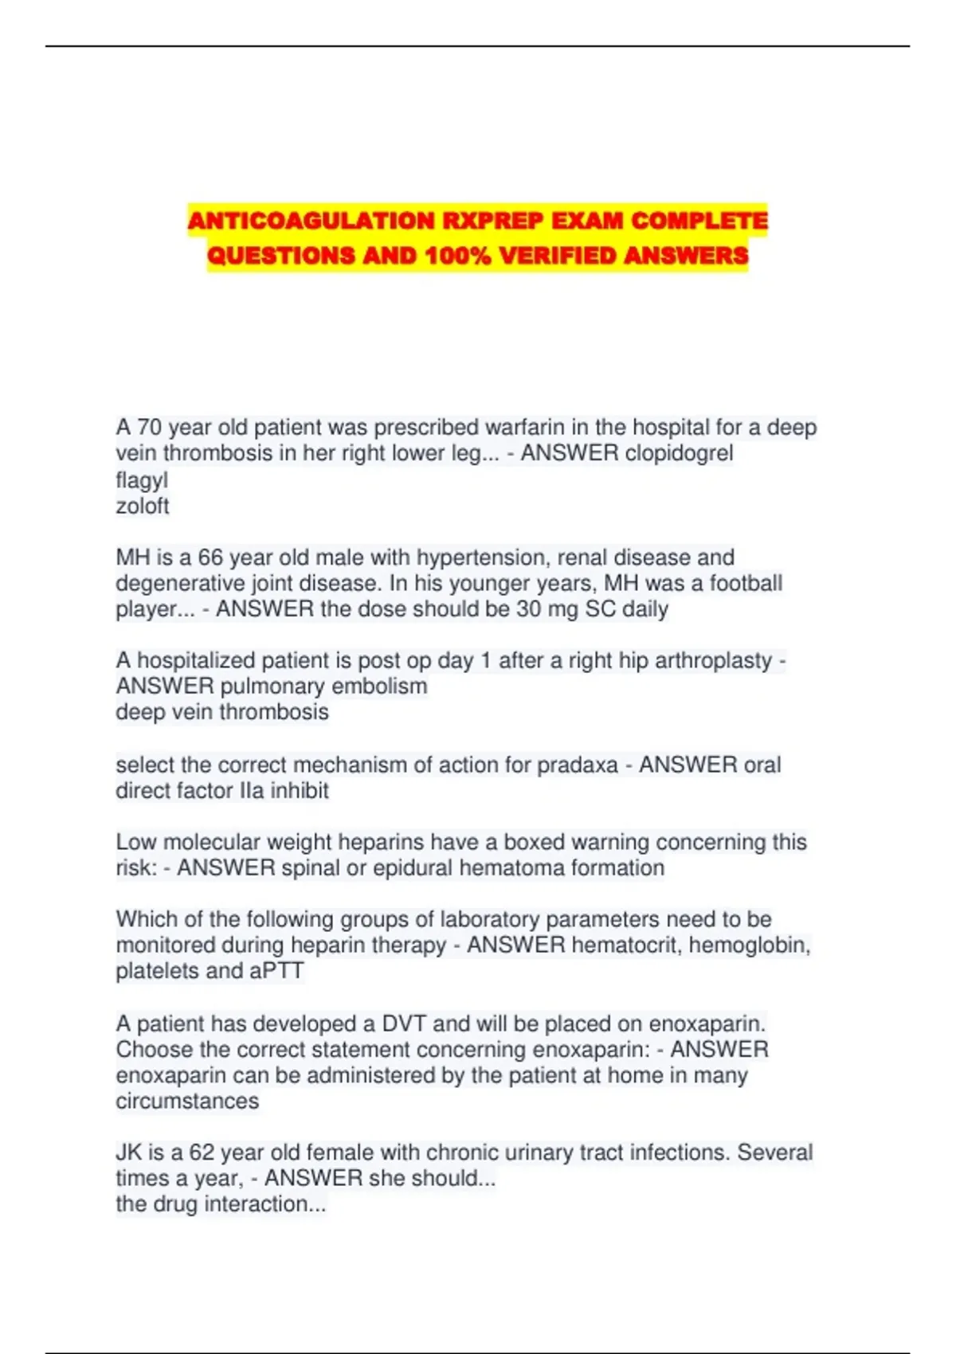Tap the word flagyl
point(142,480)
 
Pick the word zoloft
point(143,507)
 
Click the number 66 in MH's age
point(211,558)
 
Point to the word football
point(746,583)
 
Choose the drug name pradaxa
point(578,765)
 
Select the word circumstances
point(187,1102)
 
